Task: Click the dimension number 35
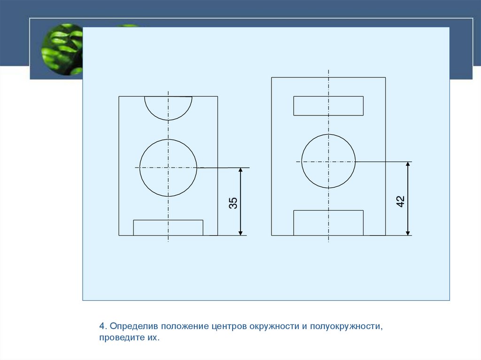[x=233, y=203]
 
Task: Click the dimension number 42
[x=401, y=201]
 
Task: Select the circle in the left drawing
[x=140, y=168]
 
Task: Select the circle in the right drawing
[x=302, y=161]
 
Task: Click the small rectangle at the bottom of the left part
[x=168, y=220]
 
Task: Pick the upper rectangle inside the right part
[x=328, y=97]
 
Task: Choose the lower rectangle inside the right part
[x=328, y=211]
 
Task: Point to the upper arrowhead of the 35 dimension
[x=240, y=171]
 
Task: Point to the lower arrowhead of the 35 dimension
[x=240, y=232]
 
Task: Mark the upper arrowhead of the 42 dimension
[x=408, y=165]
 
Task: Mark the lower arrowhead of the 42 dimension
[x=408, y=232]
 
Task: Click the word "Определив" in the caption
[x=134, y=326]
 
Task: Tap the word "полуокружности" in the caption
[x=346, y=326]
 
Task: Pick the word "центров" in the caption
[x=229, y=326]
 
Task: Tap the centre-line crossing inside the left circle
[x=168, y=168]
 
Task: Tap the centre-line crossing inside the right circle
[x=328, y=161]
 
